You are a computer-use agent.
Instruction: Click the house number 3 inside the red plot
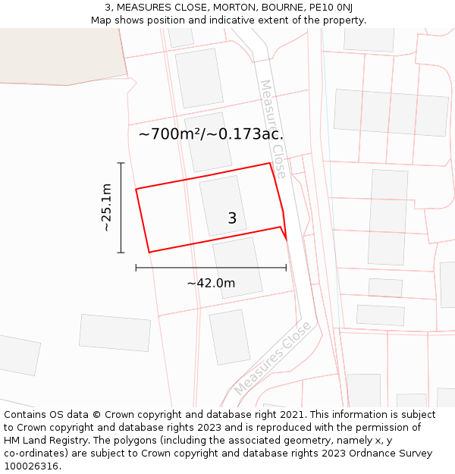click(232, 218)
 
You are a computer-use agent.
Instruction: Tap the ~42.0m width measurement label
click(211, 284)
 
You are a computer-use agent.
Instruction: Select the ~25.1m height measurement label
click(106, 207)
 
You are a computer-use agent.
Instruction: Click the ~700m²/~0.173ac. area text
click(212, 134)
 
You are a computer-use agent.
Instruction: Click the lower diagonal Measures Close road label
click(272, 358)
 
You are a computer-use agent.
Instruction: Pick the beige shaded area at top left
click(61, 53)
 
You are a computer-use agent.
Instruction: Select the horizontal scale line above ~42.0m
click(211, 267)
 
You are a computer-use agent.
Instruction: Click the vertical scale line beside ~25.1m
click(121, 207)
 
